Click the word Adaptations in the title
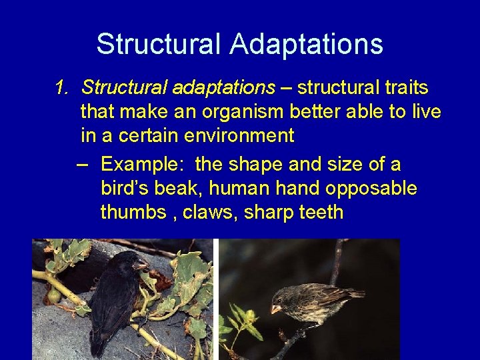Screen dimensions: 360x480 click(x=307, y=44)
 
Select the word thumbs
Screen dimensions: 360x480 click(x=133, y=213)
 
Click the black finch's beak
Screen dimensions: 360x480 click(x=141, y=266)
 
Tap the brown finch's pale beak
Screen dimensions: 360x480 click(x=275, y=309)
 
